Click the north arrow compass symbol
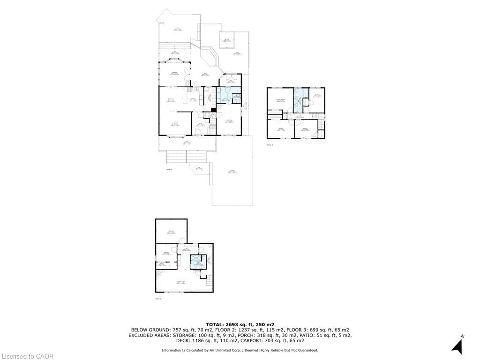point(457,345)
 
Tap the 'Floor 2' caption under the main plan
point(169,169)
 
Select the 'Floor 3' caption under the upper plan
point(270,145)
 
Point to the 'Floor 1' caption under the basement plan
point(158,298)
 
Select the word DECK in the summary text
point(185,341)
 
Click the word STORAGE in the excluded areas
point(191,335)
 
